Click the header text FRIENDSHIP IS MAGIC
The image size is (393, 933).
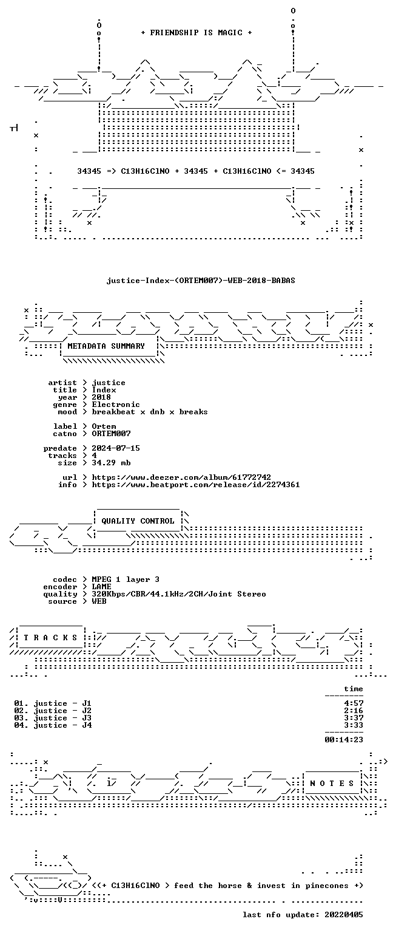(x=196, y=32)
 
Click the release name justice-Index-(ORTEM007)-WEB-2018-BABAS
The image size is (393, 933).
(x=201, y=280)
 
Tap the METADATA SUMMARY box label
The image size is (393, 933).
(x=106, y=346)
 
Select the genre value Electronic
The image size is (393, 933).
(x=116, y=405)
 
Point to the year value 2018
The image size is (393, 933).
(x=101, y=397)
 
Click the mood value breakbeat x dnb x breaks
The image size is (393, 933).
(x=150, y=411)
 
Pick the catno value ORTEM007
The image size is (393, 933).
(x=111, y=434)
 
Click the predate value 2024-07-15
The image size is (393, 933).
(x=116, y=448)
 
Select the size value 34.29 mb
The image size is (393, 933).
(x=111, y=463)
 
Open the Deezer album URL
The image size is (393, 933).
(x=181, y=477)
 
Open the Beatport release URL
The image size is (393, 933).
(x=196, y=484)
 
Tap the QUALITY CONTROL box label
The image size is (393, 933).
(x=138, y=521)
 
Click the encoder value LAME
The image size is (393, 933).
(x=101, y=586)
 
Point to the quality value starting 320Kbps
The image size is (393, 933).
(x=179, y=594)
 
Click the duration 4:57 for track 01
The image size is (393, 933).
(x=354, y=703)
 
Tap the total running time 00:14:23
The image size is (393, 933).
(x=344, y=739)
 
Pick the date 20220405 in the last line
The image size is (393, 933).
(x=344, y=914)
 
